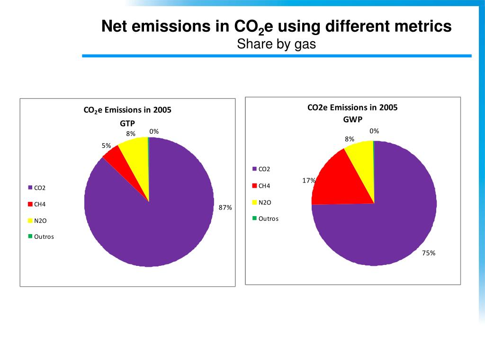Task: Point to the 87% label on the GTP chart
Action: pos(225,208)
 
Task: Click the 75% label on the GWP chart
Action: pos(429,253)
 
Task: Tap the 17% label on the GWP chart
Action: pos(309,181)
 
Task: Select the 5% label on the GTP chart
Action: pos(106,146)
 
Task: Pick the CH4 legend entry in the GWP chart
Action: pos(264,185)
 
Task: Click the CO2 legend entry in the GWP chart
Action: pos(264,169)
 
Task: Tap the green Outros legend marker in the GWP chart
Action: pos(254,218)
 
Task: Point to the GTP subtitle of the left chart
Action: pos(127,123)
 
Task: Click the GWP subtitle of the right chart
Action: pos(352,119)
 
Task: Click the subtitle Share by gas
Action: pos(276,44)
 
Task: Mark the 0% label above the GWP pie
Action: pos(374,131)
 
